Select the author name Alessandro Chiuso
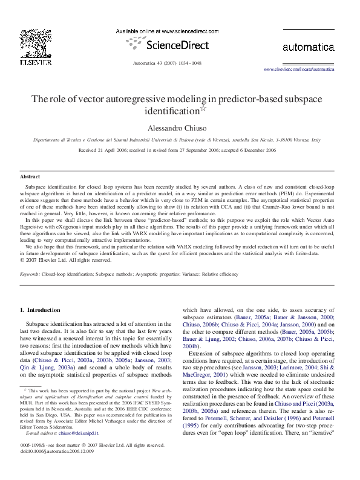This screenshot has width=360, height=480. point(179,128)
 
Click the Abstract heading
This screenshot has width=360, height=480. point(30,177)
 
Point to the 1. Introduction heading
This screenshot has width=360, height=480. point(40,310)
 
